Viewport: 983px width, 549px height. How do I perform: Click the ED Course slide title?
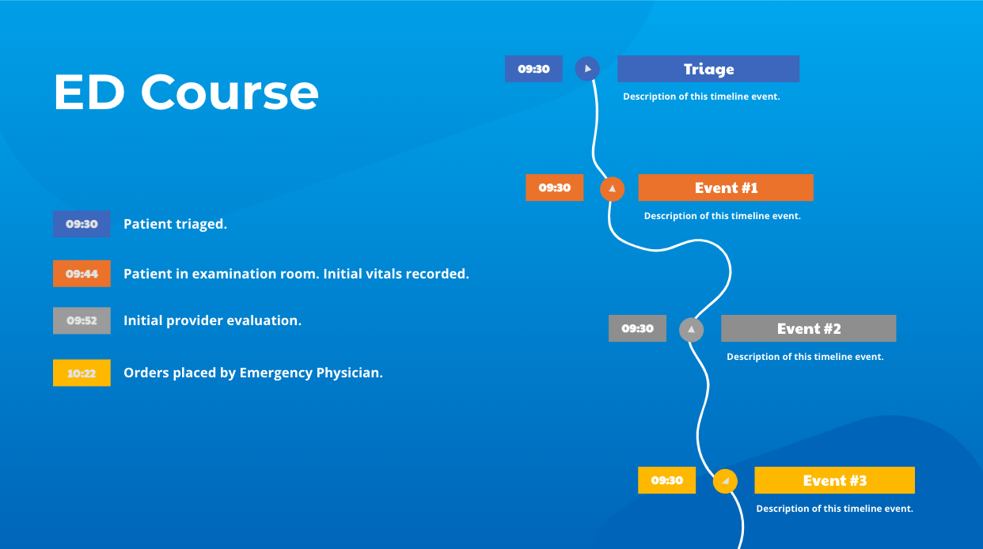pyautogui.click(x=186, y=93)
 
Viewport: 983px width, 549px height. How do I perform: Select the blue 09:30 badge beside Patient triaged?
pyautogui.click(x=82, y=224)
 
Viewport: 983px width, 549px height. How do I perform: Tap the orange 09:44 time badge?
pyautogui.click(x=82, y=274)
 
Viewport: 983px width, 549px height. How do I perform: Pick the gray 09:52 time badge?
pyautogui.click(x=82, y=320)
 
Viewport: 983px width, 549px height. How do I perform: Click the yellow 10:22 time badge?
pyautogui.click(x=82, y=373)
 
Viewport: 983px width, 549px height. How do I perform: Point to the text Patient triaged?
pyautogui.click(x=175, y=224)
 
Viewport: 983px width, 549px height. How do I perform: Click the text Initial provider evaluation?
pyautogui.click(x=212, y=320)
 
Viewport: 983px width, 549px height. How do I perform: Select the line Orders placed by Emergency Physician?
pyautogui.click(x=253, y=373)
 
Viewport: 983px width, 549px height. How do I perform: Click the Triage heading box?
pyautogui.click(x=708, y=69)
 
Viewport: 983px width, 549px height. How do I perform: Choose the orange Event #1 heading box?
pyautogui.click(x=726, y=187)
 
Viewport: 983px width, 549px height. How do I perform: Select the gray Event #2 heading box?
pyautogui.click(x=808, y=328)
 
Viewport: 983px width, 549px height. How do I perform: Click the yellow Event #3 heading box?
pyautogui.click(x=834, y=480)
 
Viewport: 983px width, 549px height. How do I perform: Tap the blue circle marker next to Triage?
pyautogui.click(x=587, y=69)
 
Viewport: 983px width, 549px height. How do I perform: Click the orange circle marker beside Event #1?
pyautogui.click(x=612, y=188)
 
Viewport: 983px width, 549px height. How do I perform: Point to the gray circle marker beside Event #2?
pyautogui.click(x=691, y=329)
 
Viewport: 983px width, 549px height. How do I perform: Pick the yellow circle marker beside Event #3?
pyautogui.click(x=725, y=481)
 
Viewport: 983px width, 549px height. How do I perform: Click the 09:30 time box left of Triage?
pyautogui.click(x=533, y=69)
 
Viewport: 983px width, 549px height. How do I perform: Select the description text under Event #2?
pyautogui.click(x=805, y=357)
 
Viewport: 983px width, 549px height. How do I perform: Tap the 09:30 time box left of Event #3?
pyautogui.click(x=666, y=480)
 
